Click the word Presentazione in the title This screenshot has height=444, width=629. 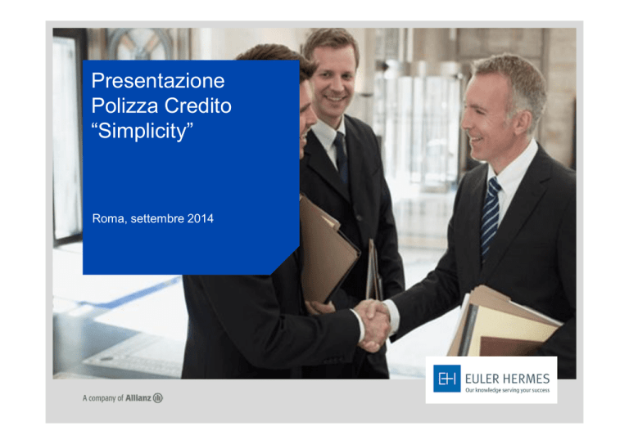pos(158,80)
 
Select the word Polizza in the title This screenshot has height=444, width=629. pos(124,105)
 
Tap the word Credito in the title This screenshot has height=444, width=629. pos(198,105)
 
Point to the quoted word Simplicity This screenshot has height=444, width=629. pos(143,131)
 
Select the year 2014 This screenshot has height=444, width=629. pos(200,218)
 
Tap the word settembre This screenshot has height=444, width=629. pos(157,218)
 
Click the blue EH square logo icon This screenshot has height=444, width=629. pos(447,379)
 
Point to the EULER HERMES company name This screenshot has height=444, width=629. pos(508,379)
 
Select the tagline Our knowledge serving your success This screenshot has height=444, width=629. pos(508,390)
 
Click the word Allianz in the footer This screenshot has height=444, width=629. pos(138,398)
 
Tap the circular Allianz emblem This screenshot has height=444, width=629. pos(158,398)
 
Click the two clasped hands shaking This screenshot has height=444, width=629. pos(373,325)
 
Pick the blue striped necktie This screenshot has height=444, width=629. pos(491,216)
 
